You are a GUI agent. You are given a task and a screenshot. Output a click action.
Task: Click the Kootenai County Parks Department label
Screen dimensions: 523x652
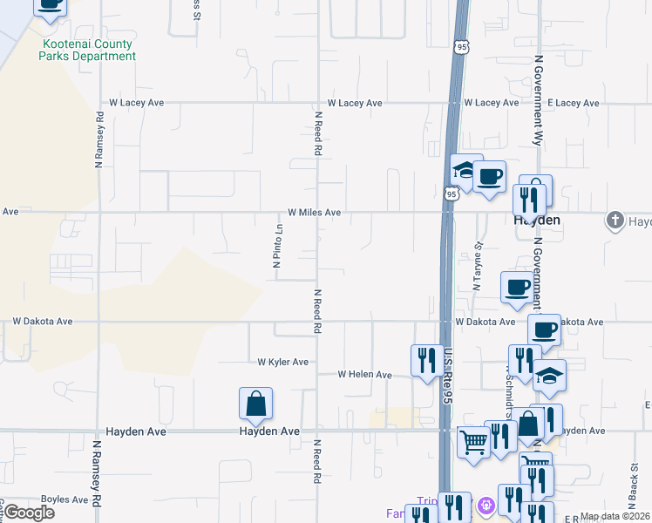tap(87, 50)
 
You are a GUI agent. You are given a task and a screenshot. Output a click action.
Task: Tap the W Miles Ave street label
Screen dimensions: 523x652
tap(314, 212)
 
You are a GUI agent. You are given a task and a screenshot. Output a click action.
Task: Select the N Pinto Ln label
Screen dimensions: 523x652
tap(277, 246)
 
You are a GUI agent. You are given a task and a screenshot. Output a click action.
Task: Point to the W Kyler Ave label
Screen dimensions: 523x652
tap(282, 362)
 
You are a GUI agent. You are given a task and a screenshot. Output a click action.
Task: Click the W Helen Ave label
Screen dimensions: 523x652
tap(365, 375)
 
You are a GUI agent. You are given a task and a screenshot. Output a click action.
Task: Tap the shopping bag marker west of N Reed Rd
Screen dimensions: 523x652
tap(255, 404)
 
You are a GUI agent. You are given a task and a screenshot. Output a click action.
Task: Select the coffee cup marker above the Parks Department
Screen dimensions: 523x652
tap(50, 4)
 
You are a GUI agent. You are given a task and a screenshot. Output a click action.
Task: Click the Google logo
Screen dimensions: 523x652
tap(28, 513)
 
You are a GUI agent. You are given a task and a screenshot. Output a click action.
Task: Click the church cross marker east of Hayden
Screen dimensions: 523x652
tap(615, 221)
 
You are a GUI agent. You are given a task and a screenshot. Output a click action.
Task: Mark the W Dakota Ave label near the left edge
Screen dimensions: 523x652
tap(43, 321)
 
